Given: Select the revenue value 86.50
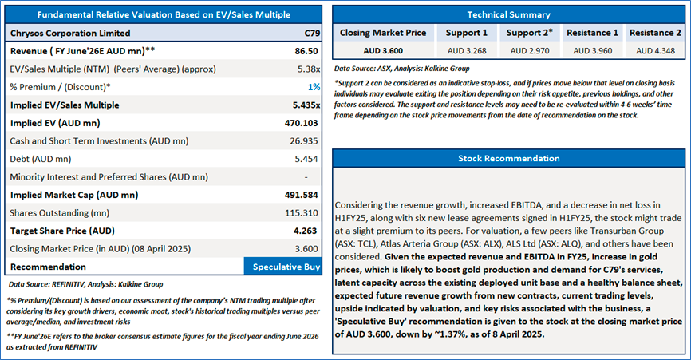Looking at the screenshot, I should [307, 50].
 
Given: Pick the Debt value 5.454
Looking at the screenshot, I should [306, 159].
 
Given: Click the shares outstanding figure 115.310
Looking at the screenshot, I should [304, 212].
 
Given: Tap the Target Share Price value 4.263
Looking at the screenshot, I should [307, 231].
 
